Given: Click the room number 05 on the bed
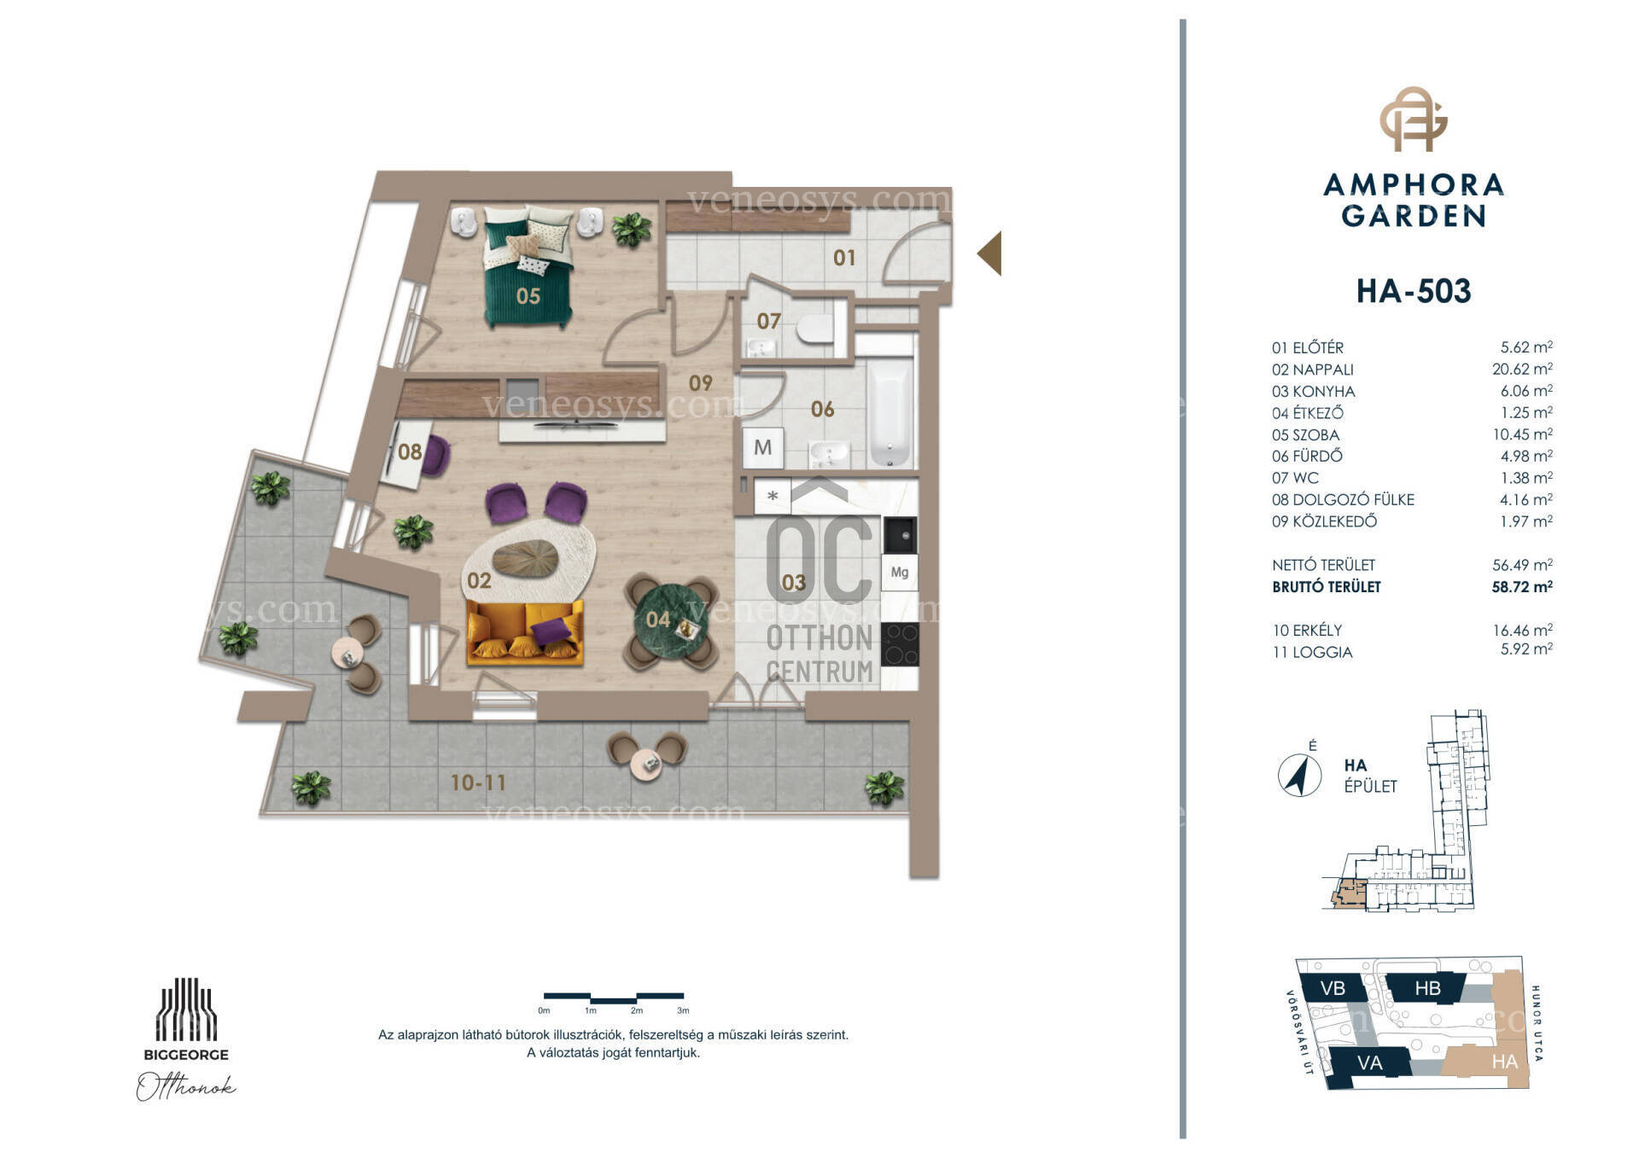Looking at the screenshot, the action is tap(528, 296).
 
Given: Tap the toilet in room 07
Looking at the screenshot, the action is tap(815, 329).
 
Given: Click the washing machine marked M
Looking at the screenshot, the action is tap(762, 447).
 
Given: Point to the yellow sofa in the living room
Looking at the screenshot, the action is tap(525, 632).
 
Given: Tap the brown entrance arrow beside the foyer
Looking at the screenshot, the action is tap(989, 253).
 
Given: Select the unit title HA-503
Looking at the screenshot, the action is tap(1414, 291).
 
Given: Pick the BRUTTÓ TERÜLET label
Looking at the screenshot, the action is tap(1326, 587).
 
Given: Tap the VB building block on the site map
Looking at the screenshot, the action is tap(1333, 988).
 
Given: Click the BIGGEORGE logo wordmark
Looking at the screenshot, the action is tap(186, 1055).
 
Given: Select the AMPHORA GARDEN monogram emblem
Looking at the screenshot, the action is tap(1414, 119).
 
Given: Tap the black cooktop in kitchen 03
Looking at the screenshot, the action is tap(900, 644).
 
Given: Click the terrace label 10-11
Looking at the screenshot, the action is tap(478, 783).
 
